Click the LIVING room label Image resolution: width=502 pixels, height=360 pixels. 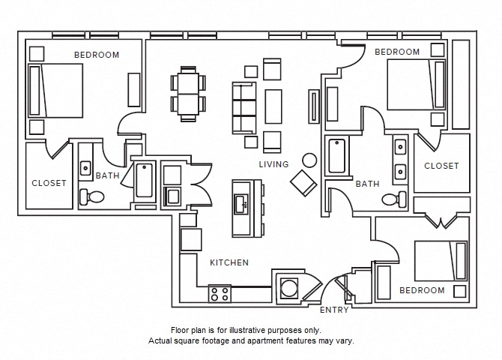[273, 164]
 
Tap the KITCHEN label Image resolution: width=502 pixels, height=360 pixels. [229, 262]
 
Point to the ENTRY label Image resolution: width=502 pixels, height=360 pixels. [334, 310]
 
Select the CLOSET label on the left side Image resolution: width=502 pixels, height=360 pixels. [49, 183]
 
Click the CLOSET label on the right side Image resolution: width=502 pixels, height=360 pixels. [441, 166]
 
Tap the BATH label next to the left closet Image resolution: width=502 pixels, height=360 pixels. [107, 175]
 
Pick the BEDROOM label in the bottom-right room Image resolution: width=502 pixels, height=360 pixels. [421, 290]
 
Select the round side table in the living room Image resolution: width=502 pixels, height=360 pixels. [309, 160]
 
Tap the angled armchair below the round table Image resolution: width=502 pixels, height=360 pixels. [303, 182]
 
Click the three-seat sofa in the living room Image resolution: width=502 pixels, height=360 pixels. [243, 108]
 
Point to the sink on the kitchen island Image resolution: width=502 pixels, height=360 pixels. [242, 203]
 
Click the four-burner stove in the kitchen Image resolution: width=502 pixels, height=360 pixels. [220, 293]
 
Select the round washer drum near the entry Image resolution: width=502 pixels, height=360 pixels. [288, 288]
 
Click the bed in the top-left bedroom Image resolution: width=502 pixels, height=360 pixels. [56, 90]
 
